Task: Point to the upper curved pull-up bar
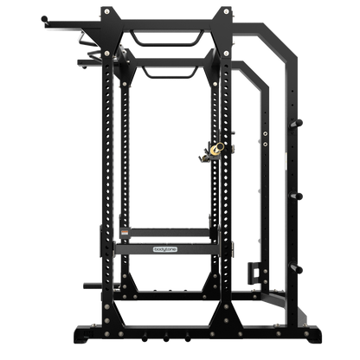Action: coord(170,36)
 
